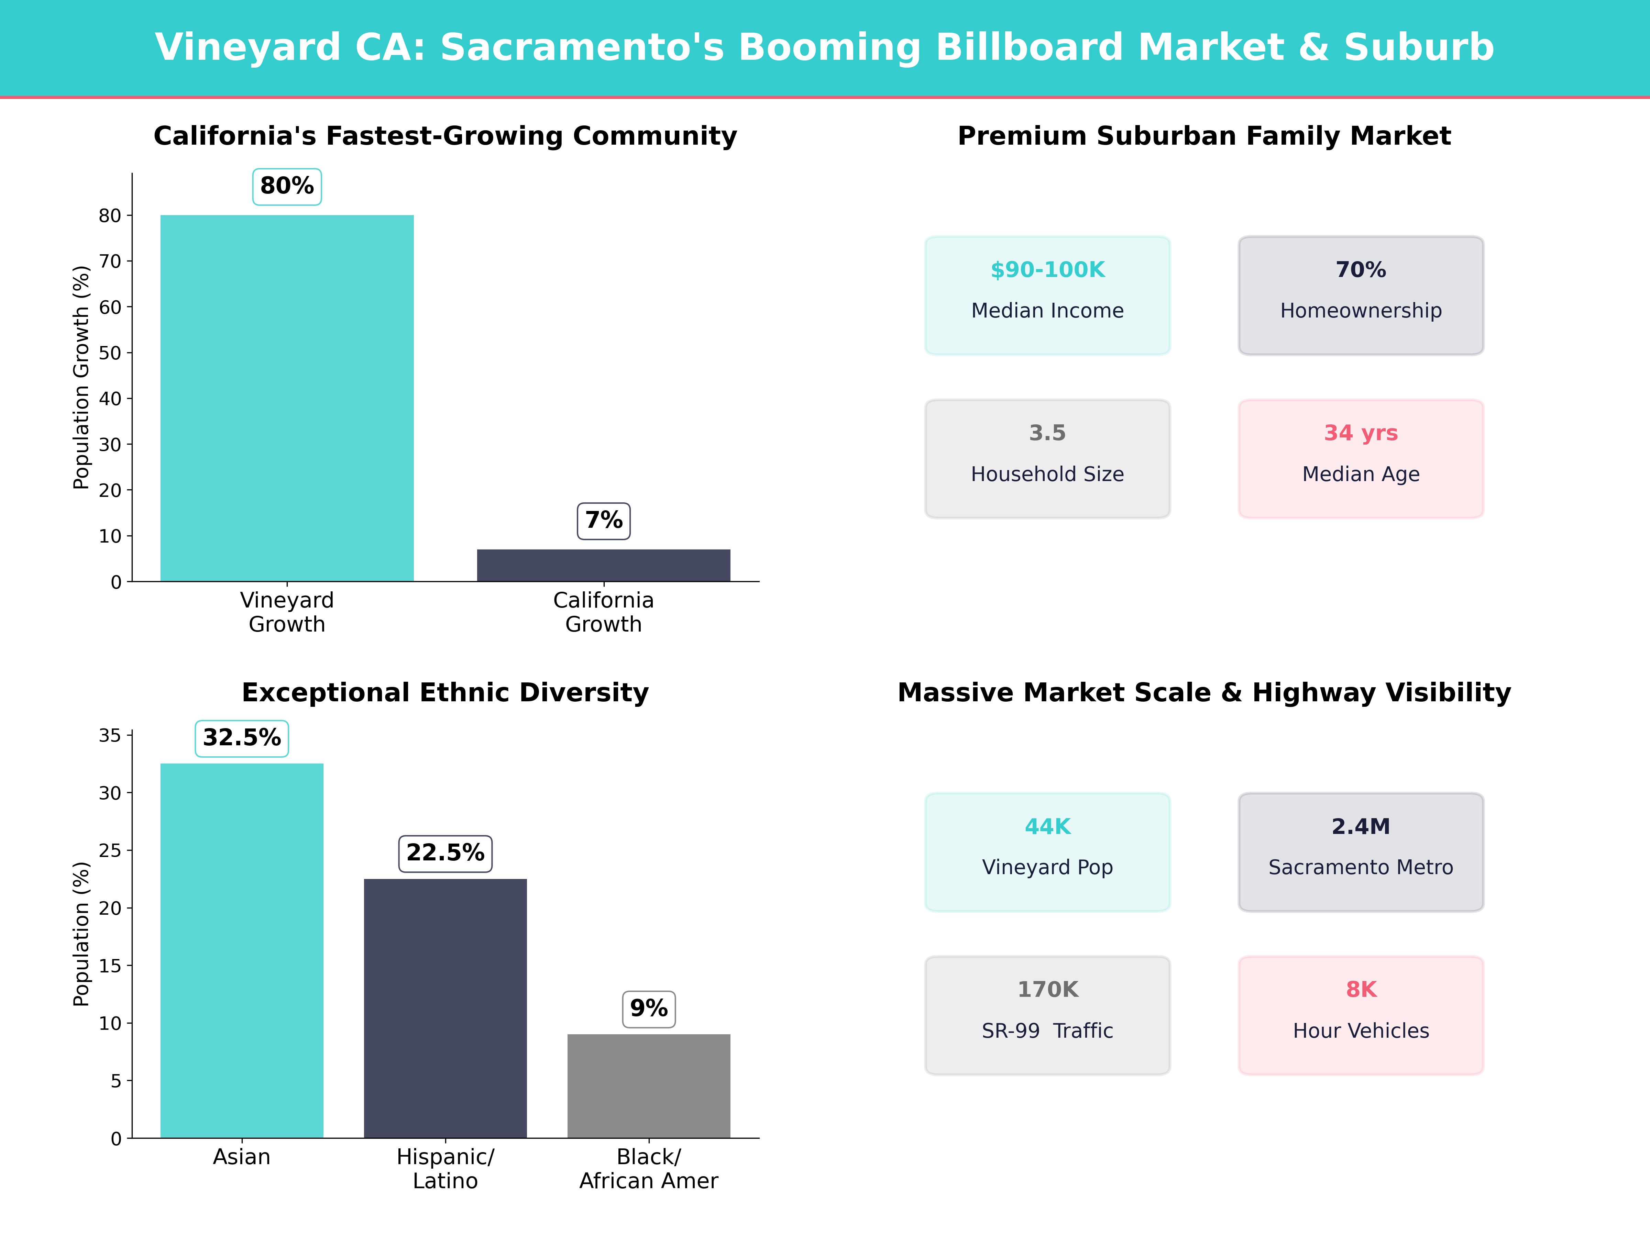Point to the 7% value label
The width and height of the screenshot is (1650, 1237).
click(x=604, y=521)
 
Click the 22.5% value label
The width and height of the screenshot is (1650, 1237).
click(x=445, y=853)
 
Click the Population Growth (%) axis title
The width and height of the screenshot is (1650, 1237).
click(x=81, y=377)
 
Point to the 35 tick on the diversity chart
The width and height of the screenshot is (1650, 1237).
click(x=110, y=736)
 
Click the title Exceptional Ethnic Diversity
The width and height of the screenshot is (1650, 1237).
click(x=445, y=693)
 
